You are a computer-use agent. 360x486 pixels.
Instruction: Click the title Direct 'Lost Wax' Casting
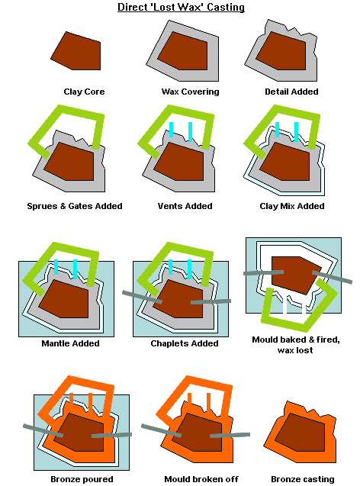[181, 7]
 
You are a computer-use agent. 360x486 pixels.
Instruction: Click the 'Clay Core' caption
[84, 92]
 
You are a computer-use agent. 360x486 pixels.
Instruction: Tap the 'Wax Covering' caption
[190, 92]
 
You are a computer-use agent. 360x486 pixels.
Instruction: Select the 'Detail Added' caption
[291, 92]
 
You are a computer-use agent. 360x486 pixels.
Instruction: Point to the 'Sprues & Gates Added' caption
[75, 206]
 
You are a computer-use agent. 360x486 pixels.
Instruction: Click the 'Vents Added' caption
[185, 206]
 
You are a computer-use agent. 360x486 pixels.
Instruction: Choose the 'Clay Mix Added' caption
[292, 206]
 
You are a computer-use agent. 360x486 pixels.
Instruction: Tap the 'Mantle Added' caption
[70, 343]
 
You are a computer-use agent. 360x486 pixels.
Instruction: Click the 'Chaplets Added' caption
[185, 343]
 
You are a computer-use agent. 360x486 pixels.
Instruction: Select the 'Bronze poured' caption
[82, 479]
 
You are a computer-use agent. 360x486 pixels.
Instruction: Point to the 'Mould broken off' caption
[201, 479]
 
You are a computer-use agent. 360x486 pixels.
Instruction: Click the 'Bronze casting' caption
[303, 479]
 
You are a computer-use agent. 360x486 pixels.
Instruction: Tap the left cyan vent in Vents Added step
[171, 130]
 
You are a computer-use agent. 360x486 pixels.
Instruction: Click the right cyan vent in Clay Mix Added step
[296, 132]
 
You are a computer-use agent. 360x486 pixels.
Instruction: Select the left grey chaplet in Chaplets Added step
[142, 297]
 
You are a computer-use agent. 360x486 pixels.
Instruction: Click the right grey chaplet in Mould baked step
[332, 277]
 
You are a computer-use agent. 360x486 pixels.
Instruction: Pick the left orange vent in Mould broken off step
[189, 399]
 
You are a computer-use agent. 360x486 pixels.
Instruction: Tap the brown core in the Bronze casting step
[300, 433]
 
